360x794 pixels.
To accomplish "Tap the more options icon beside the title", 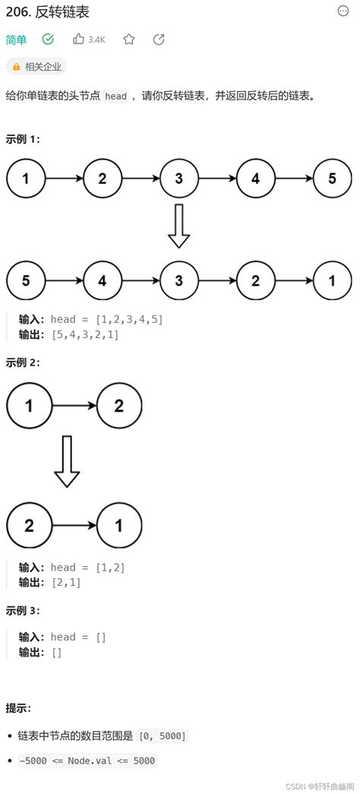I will [x=343, y=11].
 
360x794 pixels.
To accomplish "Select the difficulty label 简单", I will [x=16, y=40].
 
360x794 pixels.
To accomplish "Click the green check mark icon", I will [x=48, y=39].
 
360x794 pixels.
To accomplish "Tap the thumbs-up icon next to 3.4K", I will [x=79, y=39].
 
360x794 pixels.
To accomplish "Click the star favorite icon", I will [x=129, y=39].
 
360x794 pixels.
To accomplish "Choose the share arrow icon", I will [x=159, y=39].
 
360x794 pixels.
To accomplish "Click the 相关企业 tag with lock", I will [x=36, y=67].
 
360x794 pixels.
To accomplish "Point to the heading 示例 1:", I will [x=23, y=139].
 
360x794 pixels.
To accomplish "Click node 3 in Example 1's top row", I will [x=179, y=179].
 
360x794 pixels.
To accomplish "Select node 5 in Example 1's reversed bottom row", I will [x=27, y=280].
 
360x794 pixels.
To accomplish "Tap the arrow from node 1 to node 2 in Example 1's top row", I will [x=65, y=179].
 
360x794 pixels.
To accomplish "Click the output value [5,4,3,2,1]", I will [x=85, y=334].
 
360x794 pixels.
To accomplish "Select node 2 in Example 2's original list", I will [x=119, y=405].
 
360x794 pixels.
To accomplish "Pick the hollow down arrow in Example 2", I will [x=67, y=462].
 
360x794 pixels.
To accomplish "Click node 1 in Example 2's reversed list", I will [x=119, y=525].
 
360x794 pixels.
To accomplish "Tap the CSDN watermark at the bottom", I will [x=320, y=784].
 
